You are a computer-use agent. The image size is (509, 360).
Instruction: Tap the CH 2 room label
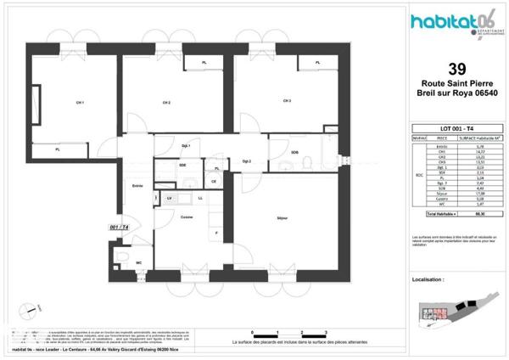(x=167, y=103)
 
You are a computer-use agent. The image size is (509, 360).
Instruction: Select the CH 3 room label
(x=288, y=101)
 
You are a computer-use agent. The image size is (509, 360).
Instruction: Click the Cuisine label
(x=186, y=217)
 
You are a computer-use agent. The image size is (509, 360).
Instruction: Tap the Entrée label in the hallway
(x=137, y=187)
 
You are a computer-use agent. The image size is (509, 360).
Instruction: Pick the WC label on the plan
(x=138, y=262)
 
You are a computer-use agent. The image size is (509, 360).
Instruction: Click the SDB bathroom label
(x=295, y=152)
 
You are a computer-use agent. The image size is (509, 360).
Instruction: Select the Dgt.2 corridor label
(x=248, y=160)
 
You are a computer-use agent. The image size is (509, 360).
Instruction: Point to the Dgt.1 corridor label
(x=187, y=146)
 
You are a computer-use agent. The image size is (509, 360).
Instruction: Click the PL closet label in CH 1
(x=58, y=149)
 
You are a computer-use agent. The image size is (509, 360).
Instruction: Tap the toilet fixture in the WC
(x=123, y=261)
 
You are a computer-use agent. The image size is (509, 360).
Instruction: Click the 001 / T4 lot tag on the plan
(x=120, y=228)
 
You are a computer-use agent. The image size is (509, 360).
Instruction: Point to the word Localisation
(x=428, y=278)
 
